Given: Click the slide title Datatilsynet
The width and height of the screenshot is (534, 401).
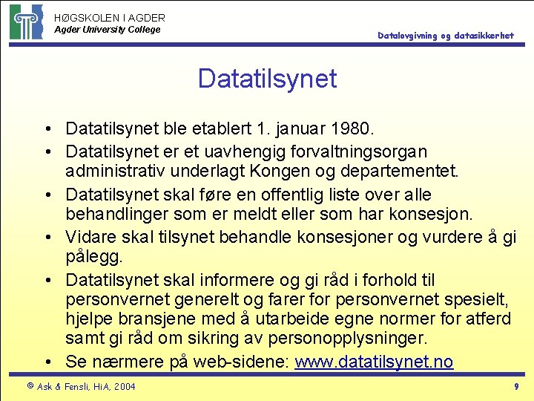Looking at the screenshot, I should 267,79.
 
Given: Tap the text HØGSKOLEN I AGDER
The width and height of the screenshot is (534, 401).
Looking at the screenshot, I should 110,17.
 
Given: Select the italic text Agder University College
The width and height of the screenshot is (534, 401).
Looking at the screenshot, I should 108,30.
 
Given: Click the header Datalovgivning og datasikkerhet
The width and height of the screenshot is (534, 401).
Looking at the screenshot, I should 445,35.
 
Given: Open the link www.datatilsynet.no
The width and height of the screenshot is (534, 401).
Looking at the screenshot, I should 374,362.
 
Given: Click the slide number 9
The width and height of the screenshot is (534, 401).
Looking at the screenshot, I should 516,386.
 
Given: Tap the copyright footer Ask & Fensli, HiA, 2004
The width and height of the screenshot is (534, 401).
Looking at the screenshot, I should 81,386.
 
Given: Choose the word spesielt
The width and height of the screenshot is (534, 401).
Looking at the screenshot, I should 475,300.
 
